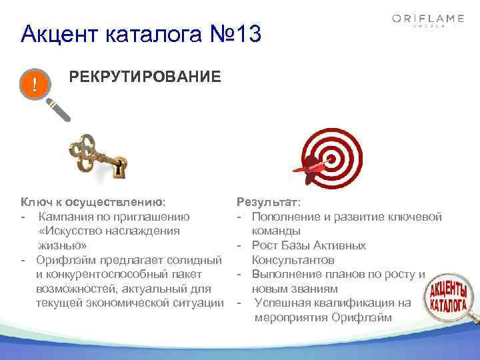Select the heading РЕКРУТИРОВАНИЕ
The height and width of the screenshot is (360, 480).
click(145, 77)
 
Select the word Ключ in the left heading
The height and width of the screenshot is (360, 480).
click(36, 201)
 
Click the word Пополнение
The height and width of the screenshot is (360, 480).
click(286, 216)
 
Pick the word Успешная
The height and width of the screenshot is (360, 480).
click(284, 303)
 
